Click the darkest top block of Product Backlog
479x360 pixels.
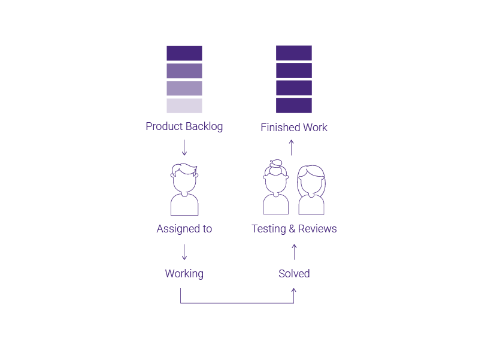tap(184, 53)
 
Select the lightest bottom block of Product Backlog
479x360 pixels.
tap(184, 106)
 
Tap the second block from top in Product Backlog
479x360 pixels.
tap(184, 71)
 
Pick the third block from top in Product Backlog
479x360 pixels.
tap(184, 88)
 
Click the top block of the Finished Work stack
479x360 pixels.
tap(294, 53)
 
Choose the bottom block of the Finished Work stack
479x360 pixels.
tap(294, 105)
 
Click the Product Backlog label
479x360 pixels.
tap(184, 126)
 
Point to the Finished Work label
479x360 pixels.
tap(294, 128)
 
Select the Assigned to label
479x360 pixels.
tap(184, 229)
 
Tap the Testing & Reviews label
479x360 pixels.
tap(294, 229)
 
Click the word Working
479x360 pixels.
tap(184, 274)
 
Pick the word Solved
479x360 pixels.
tap(294, 274)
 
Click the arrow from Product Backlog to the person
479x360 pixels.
tap(184, 147)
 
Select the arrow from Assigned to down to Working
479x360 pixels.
tap(184, 252)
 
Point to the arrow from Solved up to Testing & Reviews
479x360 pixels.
tap(294, 252)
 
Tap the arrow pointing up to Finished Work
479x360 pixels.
tap(292, 147)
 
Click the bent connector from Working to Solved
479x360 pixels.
tap(237, 303)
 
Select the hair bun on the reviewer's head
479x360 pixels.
tap(276, 164)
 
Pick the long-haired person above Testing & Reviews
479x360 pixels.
tap(311, 190)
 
